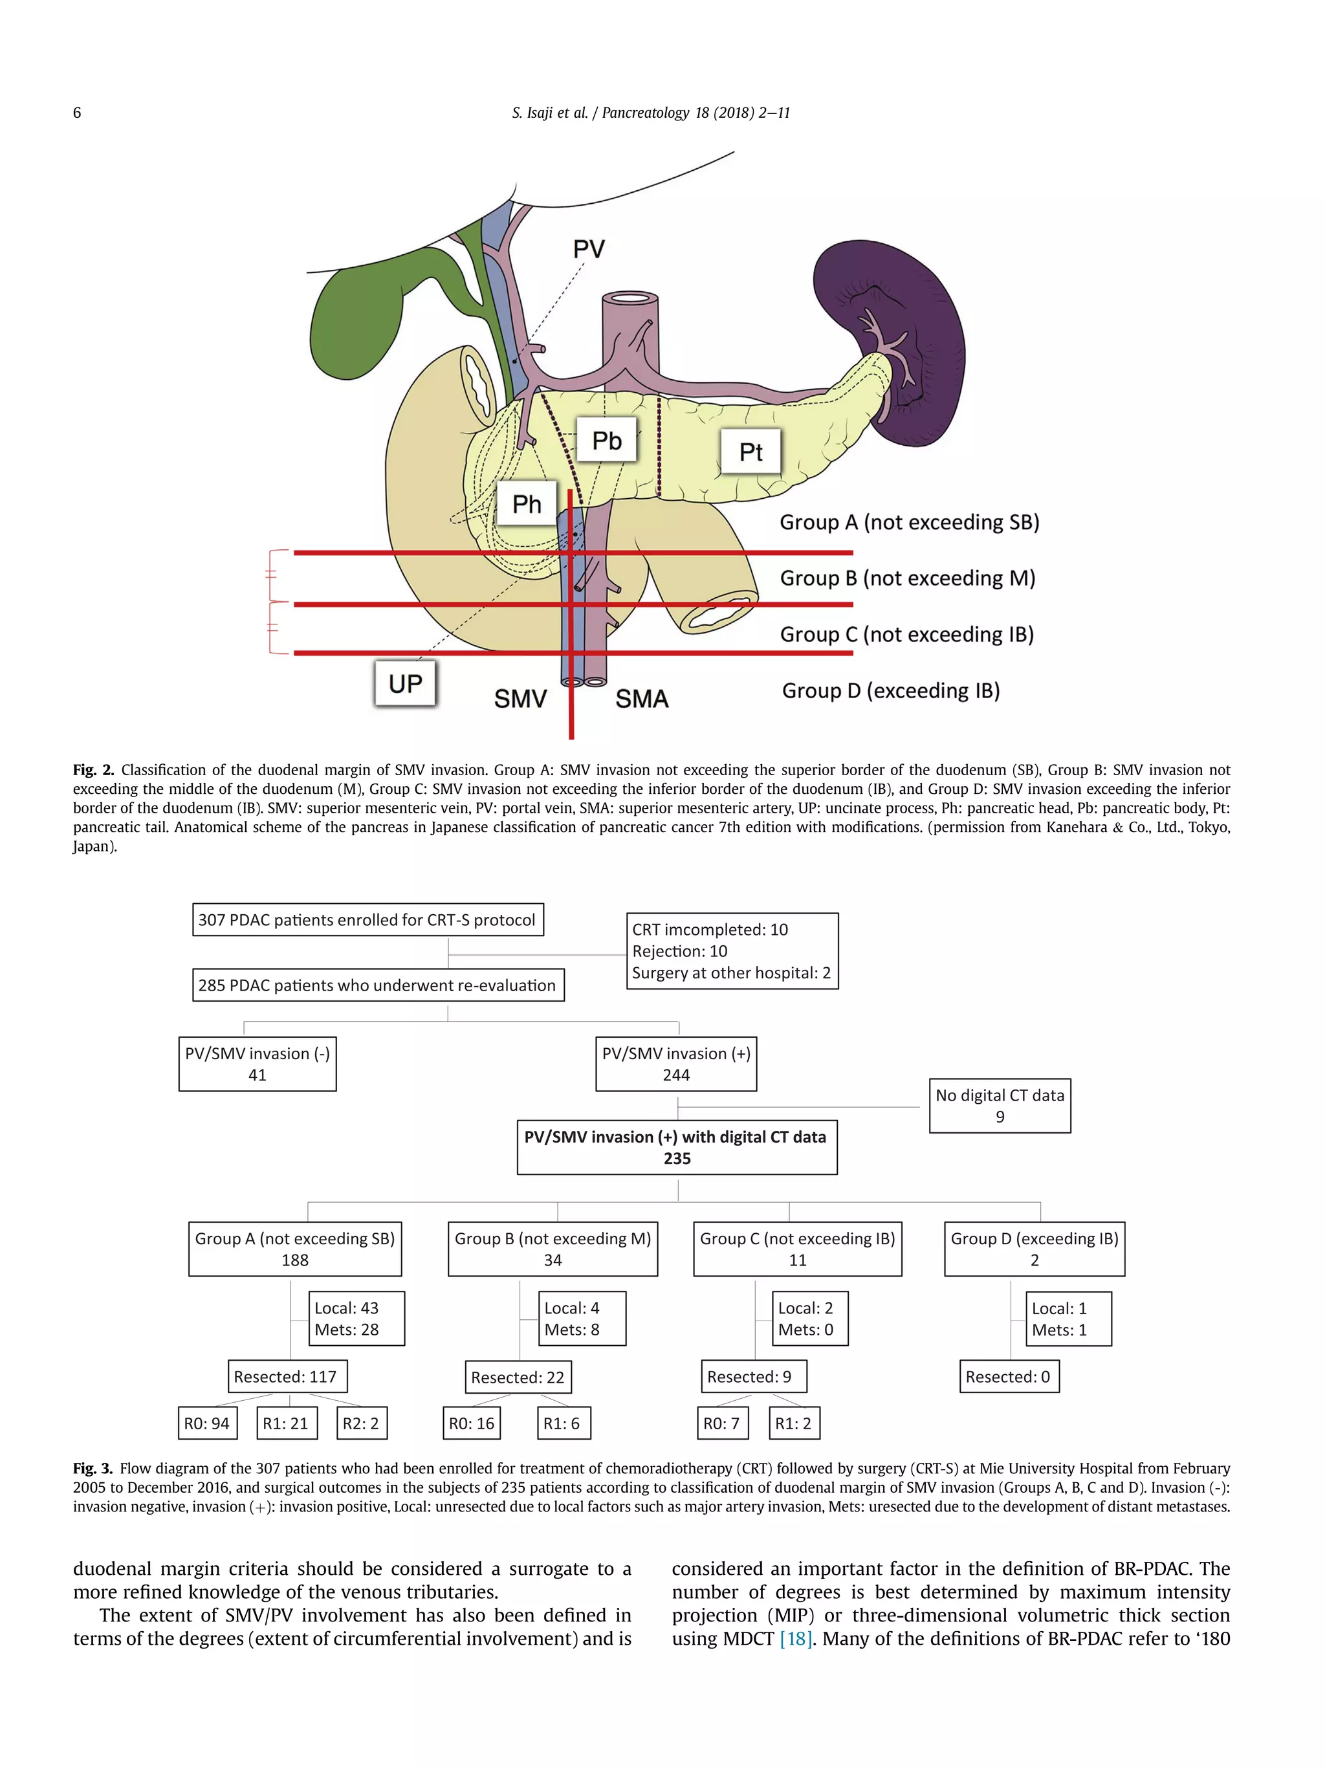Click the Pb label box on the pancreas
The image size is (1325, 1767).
pos(606,440)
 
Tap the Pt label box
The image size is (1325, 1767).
pos(750,452)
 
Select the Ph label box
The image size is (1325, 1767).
pos(527,504)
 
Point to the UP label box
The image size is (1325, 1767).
pos(405,684)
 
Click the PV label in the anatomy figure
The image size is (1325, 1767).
pos(589,249)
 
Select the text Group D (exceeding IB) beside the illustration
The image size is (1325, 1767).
pos(890,691)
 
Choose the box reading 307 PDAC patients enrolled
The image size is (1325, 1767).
pos(367,919)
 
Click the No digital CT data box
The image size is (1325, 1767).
pos(999,1106)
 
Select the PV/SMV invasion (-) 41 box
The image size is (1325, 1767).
pos(257,1064)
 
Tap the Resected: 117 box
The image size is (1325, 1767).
pos(286,1376)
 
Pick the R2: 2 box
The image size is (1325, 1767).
pos(361,1423)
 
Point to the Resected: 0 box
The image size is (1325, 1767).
pos(1008,1376)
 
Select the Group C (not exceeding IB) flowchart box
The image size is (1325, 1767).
pos(797,1249)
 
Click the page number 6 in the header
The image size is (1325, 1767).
pos(77,113)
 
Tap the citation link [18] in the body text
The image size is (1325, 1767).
pos(796,1639)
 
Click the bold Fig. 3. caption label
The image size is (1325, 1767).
pos(93,1468)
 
